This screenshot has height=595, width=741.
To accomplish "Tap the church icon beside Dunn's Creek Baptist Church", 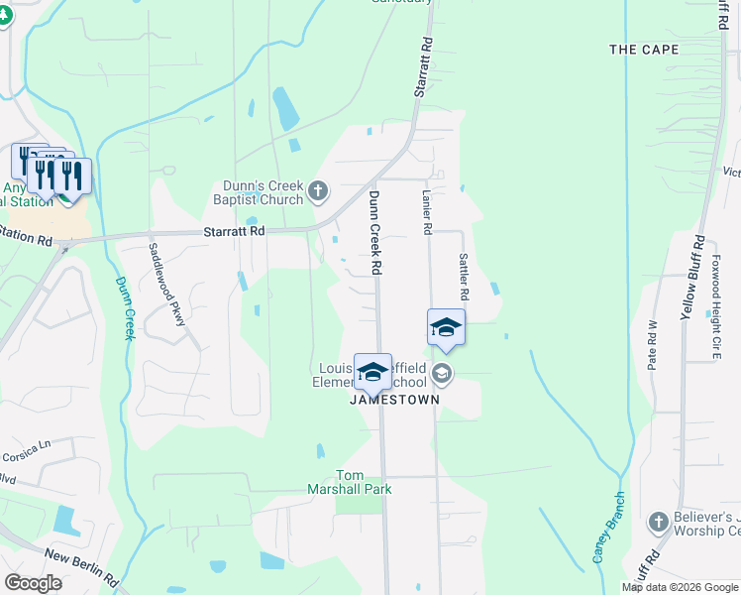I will [x=318, y=191].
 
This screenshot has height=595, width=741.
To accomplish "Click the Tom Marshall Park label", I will [x=364, y=482].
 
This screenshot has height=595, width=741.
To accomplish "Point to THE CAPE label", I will [x=644, y=50].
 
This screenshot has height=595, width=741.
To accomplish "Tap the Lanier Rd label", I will [x=427, y=212].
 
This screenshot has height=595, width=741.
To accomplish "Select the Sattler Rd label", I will [x=462, y=276].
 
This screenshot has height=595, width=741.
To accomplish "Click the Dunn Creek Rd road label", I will [x=375, y=232].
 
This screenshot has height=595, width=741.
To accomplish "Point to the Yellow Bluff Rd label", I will [x=689, y=277].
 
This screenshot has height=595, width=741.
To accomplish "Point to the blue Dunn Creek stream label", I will [x=122, y=307].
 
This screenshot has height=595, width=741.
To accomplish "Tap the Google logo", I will [x=34, y=583].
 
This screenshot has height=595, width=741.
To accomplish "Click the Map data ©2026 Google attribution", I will [x=680, y=587].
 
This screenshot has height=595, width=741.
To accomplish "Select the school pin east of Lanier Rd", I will [x=446, y=327].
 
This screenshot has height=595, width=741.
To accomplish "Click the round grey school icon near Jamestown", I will [x=442, y=374].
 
